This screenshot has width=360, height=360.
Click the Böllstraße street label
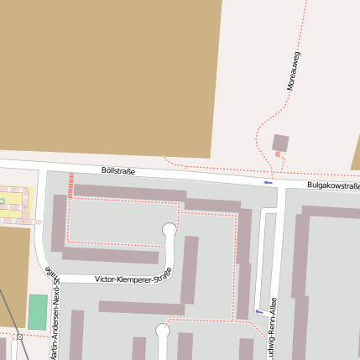pos(117,170)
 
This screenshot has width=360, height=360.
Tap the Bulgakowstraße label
pos(333,185)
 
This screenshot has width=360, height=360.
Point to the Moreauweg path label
pos(293,70)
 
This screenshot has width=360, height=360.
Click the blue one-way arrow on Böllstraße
pos(269,182)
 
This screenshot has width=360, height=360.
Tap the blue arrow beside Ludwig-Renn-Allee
pos(257,312)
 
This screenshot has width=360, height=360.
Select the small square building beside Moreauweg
pos(280,143)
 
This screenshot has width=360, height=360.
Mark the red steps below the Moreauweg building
pos(277,154)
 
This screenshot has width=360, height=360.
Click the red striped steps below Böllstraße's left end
pos(71,185)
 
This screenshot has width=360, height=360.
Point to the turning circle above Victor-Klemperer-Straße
pos(170,229)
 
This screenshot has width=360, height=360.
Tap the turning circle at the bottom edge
pos(163,331)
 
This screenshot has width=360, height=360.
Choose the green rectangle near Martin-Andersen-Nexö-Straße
pos(37,311)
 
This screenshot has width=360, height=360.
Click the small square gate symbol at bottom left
pos(19,337)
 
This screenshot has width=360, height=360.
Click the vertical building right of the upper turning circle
pos(190,269)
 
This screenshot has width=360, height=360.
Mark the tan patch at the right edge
pos(356,155)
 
